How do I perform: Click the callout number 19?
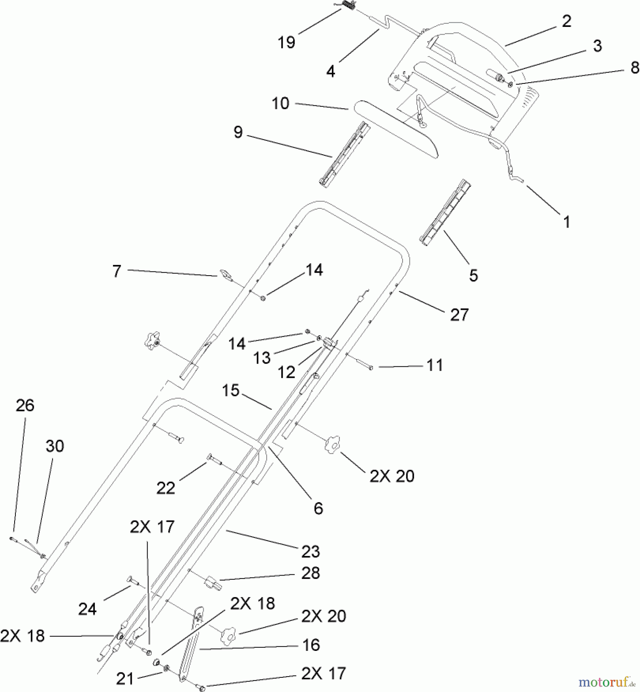tap(286, 42)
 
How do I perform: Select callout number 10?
tap(280, 103)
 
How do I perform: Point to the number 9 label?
tap(238, 132)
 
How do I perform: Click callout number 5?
tap(473, 275)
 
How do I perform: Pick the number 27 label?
tap(459, 315)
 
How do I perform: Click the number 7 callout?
tap(117, 271)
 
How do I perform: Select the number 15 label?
tap(230, 391)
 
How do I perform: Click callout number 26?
tap(25, 405)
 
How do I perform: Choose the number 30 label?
tap(55, 446)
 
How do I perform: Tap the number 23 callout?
tap(310, 551)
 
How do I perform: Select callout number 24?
tap(87, 609)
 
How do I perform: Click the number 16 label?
tap(311, 645)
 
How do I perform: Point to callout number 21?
tap(125, 679)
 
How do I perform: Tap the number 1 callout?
tap(567, 222)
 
